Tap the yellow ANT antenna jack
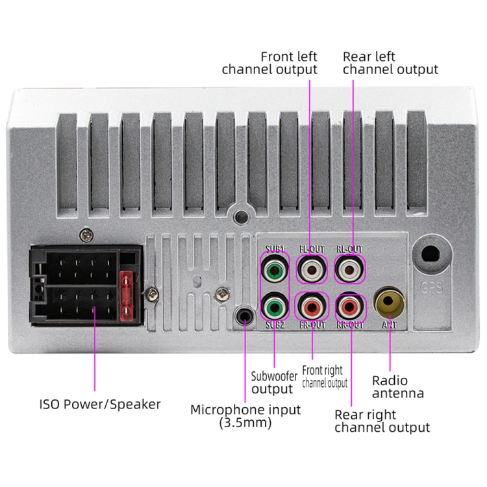389,302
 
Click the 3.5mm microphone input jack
245,316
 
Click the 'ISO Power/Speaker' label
99,405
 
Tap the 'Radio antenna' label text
397,386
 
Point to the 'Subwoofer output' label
273,382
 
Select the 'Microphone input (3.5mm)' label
245,416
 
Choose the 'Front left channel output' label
269,63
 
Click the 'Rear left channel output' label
390,63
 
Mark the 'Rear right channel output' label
381,421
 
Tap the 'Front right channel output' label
324,377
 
